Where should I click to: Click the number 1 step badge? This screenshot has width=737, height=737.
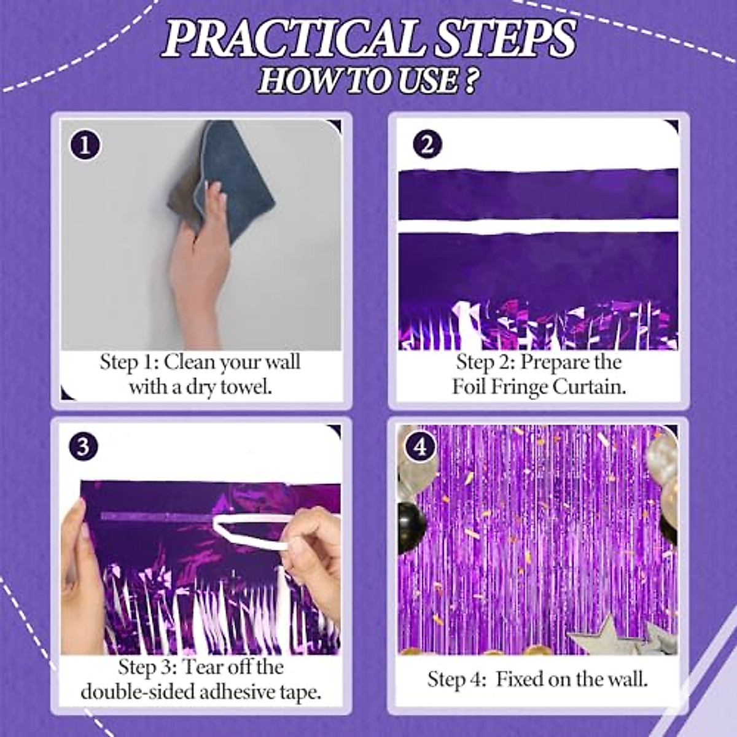point(85,146)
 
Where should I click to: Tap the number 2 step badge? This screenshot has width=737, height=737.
point(427,144)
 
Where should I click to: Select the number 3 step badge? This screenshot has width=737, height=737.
point(83,446)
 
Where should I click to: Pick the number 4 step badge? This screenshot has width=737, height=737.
point(420,446)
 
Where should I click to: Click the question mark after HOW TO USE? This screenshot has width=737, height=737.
point(470,81)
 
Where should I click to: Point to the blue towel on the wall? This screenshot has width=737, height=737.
point(233,172)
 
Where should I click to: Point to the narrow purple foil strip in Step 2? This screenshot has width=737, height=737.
point(538,195)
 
